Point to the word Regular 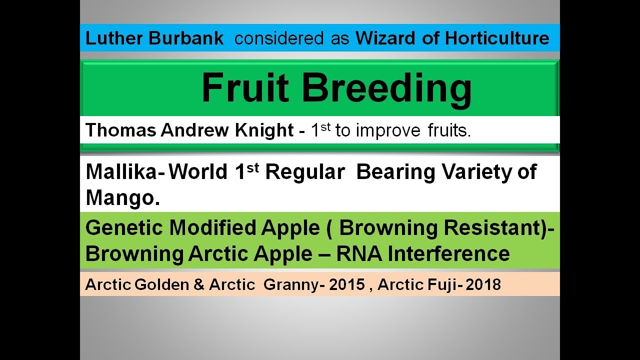coord(305,172)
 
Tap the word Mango coord(123,198)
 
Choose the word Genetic coord(124,228)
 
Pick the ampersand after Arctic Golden coord(197,284)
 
